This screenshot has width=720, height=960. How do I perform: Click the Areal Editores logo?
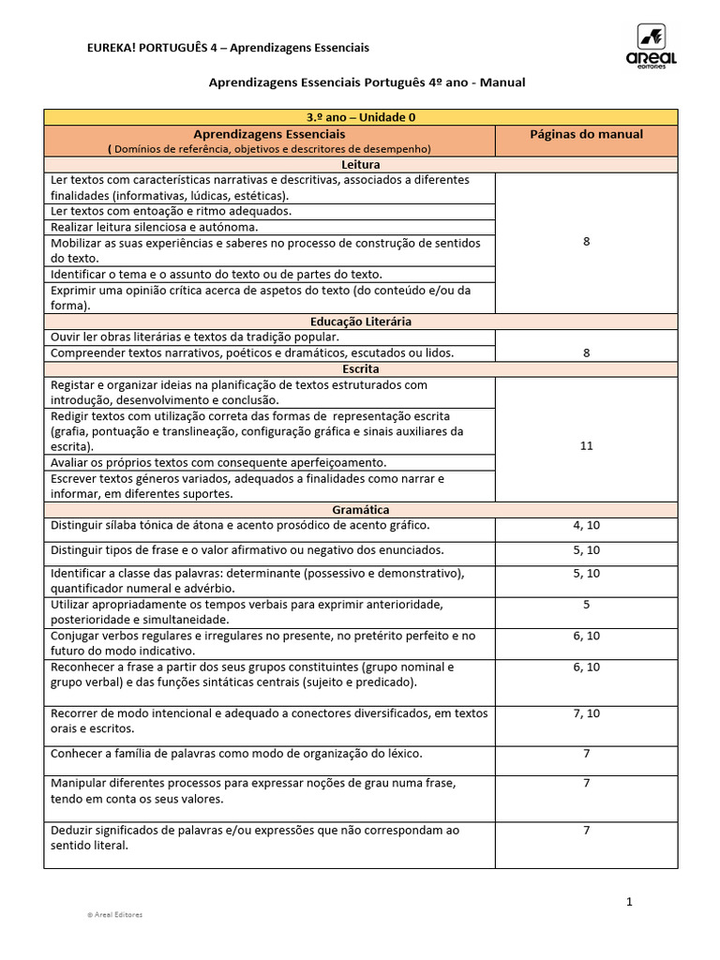point(656,46)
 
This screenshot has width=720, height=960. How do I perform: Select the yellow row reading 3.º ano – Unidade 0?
point(361,117)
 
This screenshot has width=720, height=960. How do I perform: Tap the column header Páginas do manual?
point(586,134)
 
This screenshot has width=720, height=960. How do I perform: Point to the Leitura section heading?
point(361,164)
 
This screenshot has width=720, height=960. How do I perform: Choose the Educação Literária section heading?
point(361,322)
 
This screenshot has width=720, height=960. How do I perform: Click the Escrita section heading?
point(361,369)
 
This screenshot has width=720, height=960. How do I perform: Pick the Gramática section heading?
point(361,510)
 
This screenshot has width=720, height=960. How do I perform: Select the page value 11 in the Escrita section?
point(587,446)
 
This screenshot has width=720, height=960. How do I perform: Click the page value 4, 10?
point(587,526)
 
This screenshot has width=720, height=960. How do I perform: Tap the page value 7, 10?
point(587,714)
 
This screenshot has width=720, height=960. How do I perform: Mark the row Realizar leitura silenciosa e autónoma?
point(154,227)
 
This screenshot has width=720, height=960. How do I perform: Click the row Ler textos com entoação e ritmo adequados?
point(171,211)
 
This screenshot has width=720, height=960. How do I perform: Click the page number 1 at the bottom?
point(630,902)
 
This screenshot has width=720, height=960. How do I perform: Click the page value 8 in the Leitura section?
point(587,242)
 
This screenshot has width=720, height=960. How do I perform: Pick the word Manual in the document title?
point(506,82)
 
